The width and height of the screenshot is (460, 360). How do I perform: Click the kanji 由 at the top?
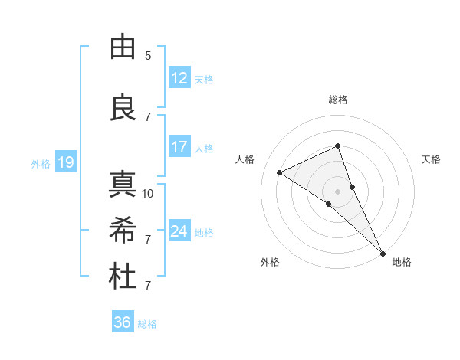click(x=123, y=47)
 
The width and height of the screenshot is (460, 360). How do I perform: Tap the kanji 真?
click(x=123, y=185)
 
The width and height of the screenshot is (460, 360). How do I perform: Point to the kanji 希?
click(x=123, y=230)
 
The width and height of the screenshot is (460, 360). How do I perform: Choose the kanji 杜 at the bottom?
click(x=123, y=277)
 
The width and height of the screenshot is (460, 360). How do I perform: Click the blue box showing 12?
click(x=179, y=78)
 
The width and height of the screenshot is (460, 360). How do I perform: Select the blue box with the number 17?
click(x=179, y=147)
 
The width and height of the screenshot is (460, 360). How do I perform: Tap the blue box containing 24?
click(x=179, y=231)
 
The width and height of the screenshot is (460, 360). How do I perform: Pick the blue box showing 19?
click(x=65, y=162)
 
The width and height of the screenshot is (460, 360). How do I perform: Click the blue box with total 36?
click(x=123, y=322)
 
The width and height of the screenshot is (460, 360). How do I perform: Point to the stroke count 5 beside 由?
click(x=148, y=56)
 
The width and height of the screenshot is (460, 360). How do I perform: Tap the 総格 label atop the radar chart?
click(x=338, y=100)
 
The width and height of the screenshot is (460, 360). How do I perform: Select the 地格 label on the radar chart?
click(x=402, y=262)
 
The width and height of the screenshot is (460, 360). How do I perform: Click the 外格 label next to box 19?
click(x=41, y=163)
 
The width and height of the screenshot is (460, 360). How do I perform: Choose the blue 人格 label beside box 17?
click(x=204, y=148)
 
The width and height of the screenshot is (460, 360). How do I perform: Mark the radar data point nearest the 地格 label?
click(x=383, y=253)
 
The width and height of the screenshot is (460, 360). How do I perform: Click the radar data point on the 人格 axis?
click(x=280, y=172)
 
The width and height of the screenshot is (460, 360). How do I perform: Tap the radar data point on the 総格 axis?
click(x=338, y=146)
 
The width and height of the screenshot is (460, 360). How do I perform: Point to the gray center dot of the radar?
click(x=338, y=191)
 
